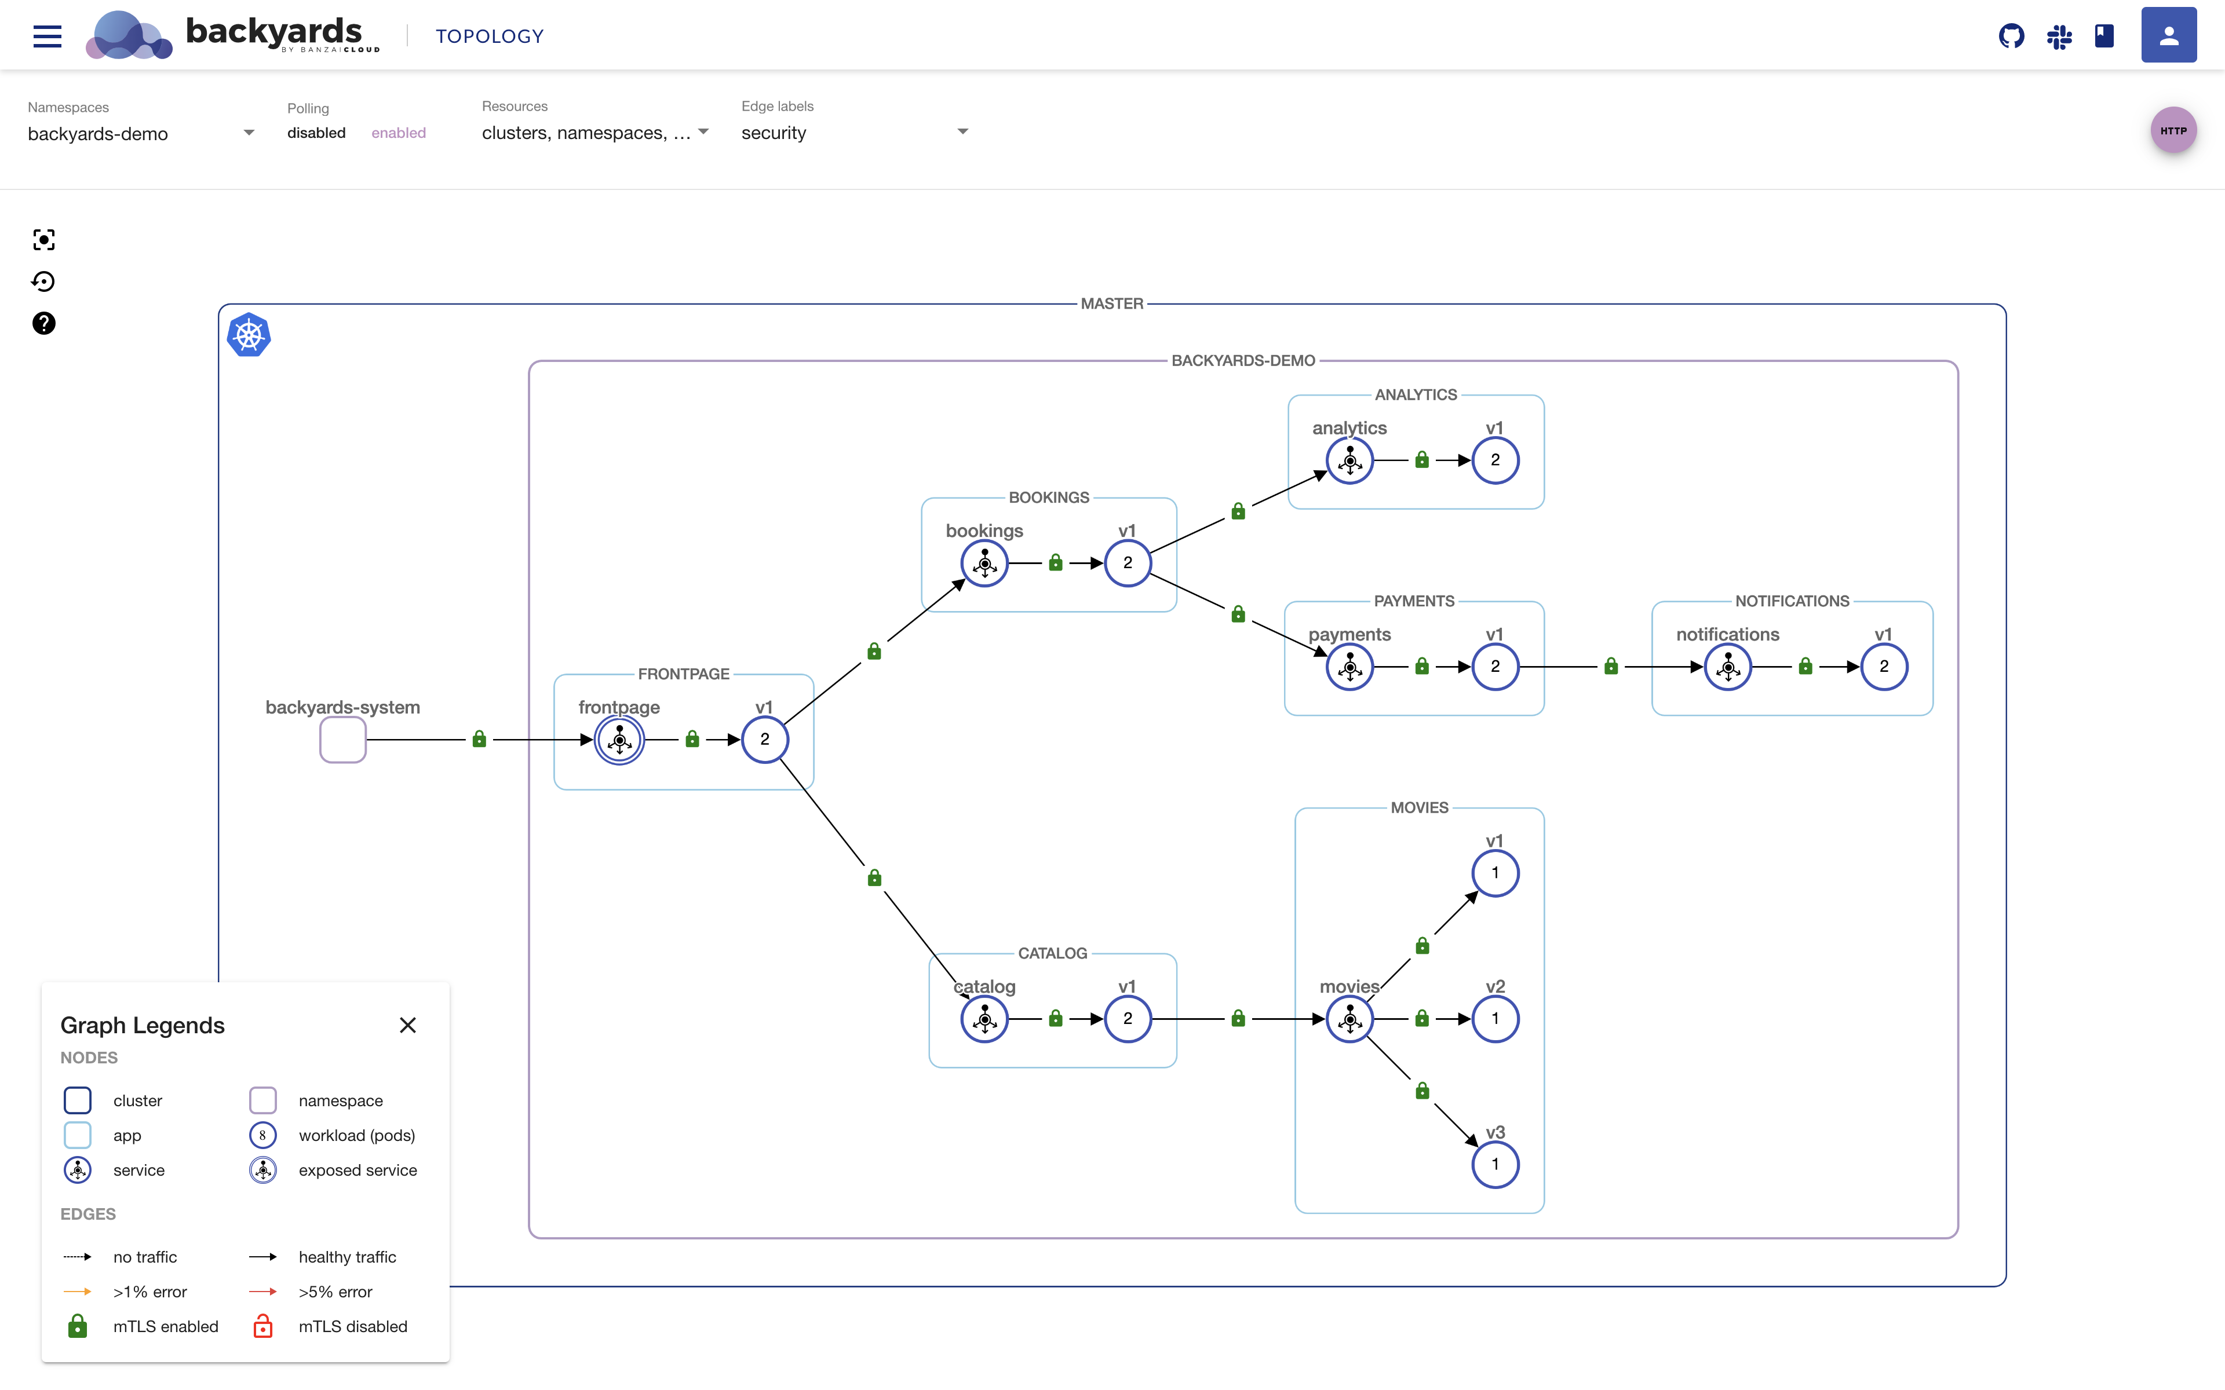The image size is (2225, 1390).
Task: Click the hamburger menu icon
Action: click(x=47, y=36)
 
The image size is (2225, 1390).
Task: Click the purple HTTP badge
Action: click(x=2173, y=130)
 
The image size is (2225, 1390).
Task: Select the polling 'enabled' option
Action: click(x=398, y=133)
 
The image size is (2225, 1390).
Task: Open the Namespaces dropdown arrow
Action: click(x=248, y=133)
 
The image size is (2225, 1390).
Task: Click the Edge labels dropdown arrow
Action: click(x=962, y=131)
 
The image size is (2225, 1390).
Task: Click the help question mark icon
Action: click(x=43, y=324)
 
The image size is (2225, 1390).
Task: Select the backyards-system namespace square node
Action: click(x=343, y=740)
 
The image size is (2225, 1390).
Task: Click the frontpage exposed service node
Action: click(x=619, y=740)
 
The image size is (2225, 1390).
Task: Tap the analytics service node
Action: click(x=1349, y=460)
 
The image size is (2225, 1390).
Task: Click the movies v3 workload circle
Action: click(x=1495, y=1165)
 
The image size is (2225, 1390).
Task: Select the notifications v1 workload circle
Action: click(x=1884, y=667)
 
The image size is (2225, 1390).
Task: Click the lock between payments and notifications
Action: click(x=1611, y=667)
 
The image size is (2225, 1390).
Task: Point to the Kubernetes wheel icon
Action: click(x=248, y=335)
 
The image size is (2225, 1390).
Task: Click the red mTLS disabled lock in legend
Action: click(x=263, y=1326)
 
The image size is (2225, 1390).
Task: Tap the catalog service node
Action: click(x=984, y=1019)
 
